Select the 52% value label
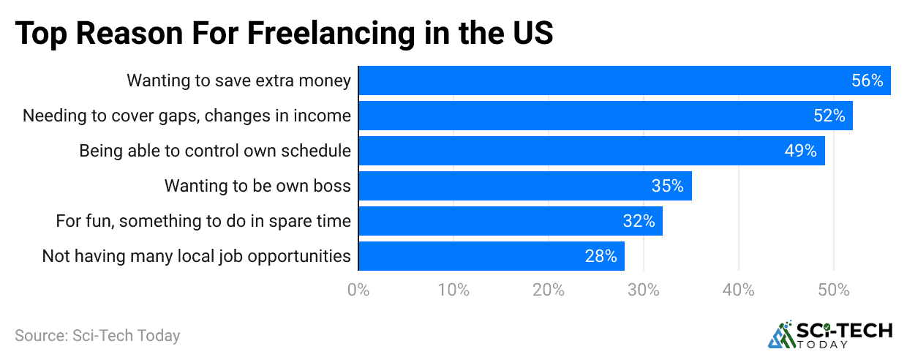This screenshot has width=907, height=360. (x=829, y=116)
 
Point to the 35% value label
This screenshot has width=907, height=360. (x=667, y=186)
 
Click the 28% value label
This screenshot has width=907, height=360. (x=601, y=256)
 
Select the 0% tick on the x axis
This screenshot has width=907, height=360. (x=358, y=290)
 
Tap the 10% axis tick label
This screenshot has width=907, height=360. (x=453, y=290)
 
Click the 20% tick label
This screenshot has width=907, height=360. (x=549, y=290)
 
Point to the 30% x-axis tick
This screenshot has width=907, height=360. (x=644, y=290)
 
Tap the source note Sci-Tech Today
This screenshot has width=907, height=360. (x=97, y=336)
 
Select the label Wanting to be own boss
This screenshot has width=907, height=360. (x=257, y=186)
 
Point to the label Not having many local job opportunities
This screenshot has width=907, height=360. (x=196, y=256)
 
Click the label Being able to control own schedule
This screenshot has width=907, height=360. (x=215, y=151)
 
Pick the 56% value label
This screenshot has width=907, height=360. (x=868, y=80)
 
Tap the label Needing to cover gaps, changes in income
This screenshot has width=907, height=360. (x=187, y=116)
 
